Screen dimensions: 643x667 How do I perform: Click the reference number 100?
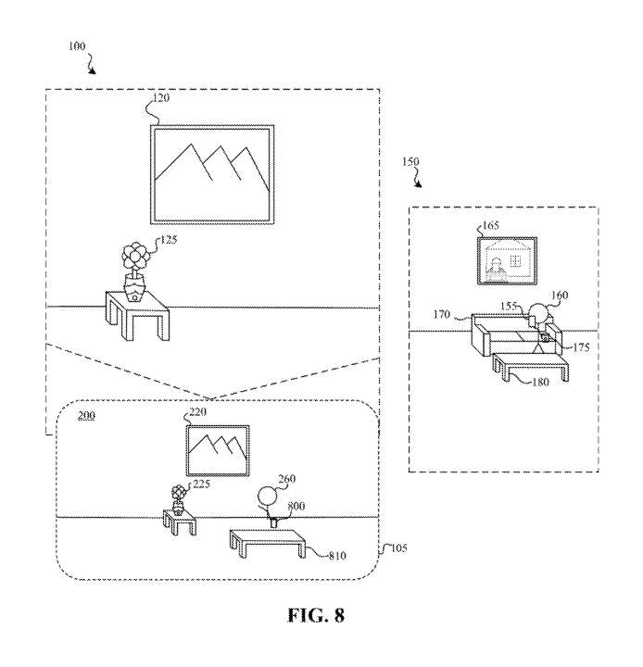[77, 46]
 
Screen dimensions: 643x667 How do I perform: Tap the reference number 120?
[161, 98]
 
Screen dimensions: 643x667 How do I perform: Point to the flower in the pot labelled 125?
[134, 271]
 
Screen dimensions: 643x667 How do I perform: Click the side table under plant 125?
[137, 315]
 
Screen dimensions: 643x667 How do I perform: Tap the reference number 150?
[410, 161]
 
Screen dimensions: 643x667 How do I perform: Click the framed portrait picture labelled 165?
[507, 260]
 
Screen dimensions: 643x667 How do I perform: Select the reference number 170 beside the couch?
[442, 314]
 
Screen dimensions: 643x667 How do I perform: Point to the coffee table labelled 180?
[531, 367]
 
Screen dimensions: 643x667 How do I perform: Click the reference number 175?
[581, 347]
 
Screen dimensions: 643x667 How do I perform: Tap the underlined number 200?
[86, 416]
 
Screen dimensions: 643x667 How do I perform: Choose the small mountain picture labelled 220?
[218, 450]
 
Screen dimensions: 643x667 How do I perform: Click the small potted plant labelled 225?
[178, 500]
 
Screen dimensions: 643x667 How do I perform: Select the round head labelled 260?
[268, 497]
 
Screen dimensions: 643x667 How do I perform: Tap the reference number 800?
[296, 506]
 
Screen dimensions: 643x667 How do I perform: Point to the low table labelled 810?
[268, 543]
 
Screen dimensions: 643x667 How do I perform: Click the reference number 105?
[398, 547]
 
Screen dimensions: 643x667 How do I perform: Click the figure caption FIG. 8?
[316, 615]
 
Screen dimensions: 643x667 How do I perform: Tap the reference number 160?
[560, 296]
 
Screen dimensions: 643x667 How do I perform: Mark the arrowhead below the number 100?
[93, 71]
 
